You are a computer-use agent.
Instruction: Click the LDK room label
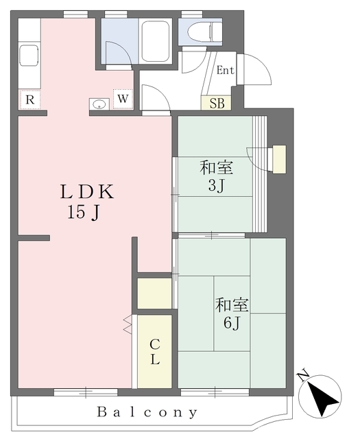click(87, 192)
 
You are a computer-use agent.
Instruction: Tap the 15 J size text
click(84, 212)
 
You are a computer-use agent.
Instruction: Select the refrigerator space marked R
click(30, 99)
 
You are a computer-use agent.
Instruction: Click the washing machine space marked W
click(123, 99)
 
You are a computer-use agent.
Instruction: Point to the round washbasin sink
click(99, 104)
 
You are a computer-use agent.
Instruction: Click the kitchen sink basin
click(29, 55)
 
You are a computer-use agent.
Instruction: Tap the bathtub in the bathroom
click(155, 42)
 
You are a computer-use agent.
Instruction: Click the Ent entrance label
click(225, 70)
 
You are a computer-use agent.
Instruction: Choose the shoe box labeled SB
click(216, 103)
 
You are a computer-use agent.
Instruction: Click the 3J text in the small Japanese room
click(216, 185)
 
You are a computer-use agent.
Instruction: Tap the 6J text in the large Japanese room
click(232, 323)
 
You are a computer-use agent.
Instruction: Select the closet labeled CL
click(154, 351)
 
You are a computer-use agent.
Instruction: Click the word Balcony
click(147, 412)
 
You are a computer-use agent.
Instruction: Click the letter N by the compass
click(303, 376)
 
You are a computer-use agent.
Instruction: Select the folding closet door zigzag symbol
click(128, 324)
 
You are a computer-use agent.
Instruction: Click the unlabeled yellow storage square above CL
click(154, 293)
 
